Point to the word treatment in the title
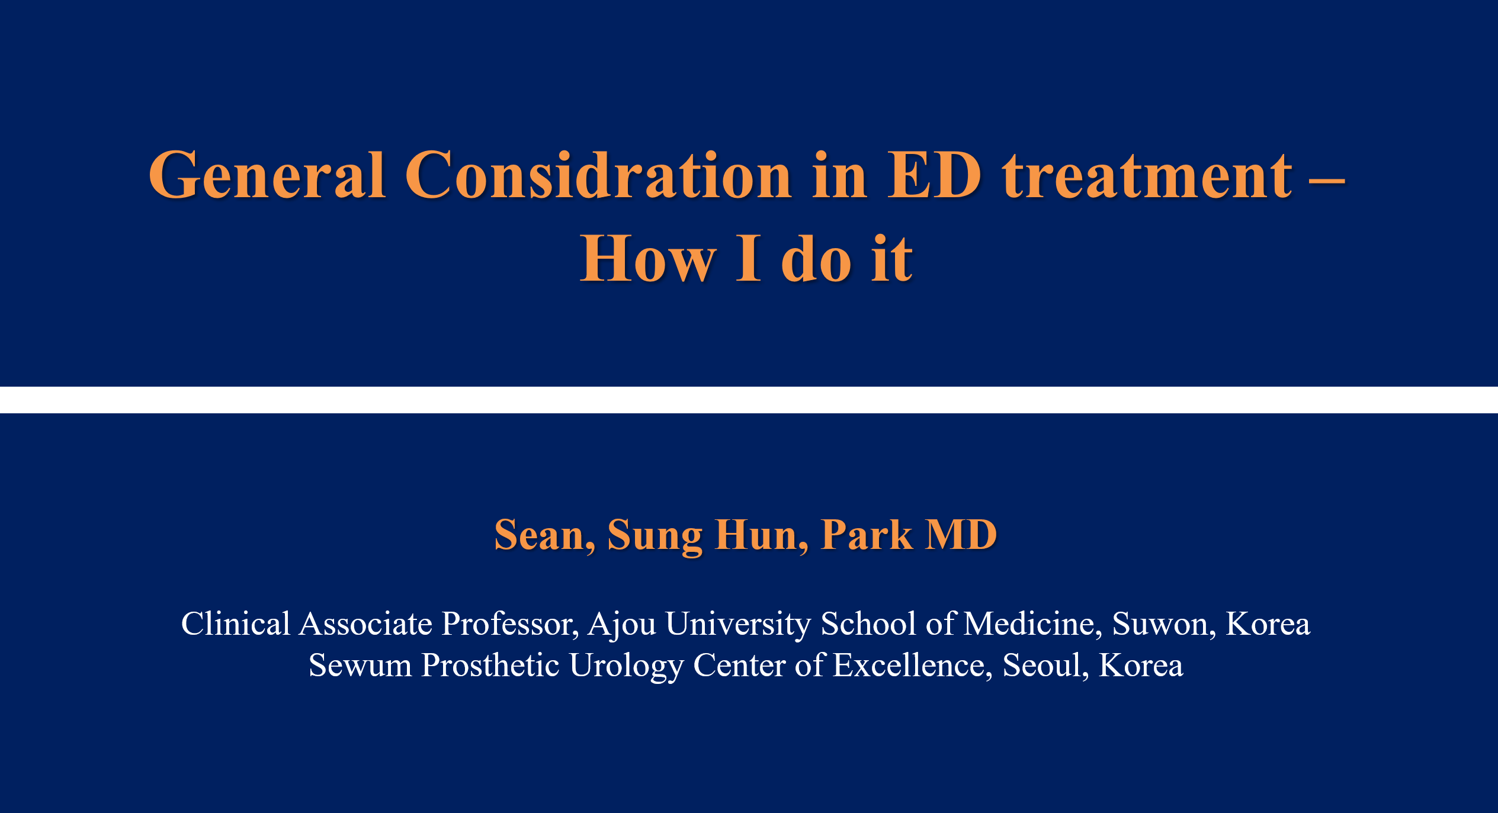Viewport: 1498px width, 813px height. point(1147,176)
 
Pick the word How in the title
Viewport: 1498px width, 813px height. point(648,258)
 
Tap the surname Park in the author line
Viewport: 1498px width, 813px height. point(867,535)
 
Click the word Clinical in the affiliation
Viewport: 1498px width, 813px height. point(236,624)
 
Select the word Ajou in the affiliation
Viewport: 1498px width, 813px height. point(622,625)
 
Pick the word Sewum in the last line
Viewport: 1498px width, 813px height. point(360,666)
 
